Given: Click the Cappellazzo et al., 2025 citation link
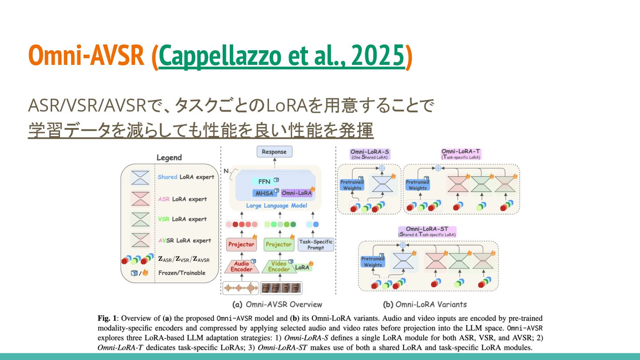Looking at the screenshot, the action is tap(282, 56).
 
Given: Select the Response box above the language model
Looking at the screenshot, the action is tap(274, 152).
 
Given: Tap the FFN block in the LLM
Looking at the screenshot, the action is tap(264, 181).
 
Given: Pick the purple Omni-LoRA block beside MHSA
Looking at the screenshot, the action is tap(296, 193).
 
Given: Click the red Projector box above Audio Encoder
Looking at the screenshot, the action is tap(241, 244).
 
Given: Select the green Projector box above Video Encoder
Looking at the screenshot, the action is tap(279, 244).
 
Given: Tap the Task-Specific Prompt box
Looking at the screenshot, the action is tap(316, 244).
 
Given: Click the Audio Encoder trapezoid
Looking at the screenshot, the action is tap(241, 266).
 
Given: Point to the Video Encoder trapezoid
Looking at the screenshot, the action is tap(279, 266).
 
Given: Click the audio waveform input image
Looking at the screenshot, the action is tap(240, 288).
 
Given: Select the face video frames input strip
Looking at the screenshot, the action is tap(281, 288).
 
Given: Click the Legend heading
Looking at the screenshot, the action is tap(169, 158).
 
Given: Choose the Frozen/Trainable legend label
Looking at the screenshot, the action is tap(182, 273).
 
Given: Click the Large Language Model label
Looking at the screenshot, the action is tap(276, 206).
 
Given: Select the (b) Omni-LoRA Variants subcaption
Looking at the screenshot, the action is tap(425, 304).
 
